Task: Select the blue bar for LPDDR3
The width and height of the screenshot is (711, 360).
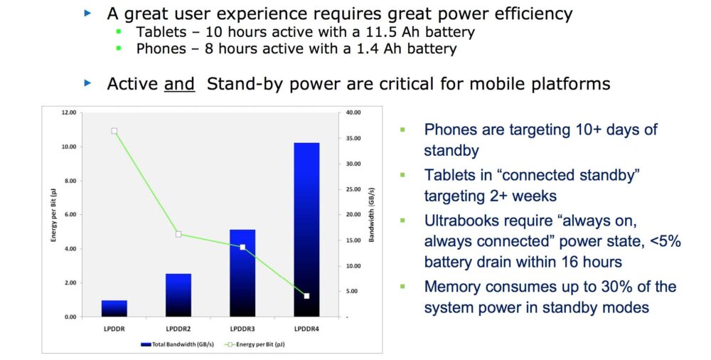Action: click(242, 273)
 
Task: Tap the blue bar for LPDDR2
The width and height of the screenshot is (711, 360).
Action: click(178, 295)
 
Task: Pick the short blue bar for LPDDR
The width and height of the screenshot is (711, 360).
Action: click(114, 308)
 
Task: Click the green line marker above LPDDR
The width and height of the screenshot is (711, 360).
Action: click(114, 131)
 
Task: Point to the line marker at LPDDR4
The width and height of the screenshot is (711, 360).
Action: click(306, 295)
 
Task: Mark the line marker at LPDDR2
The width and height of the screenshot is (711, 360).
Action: click(178, 234)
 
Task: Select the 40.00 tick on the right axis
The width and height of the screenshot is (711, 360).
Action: click(353, 112)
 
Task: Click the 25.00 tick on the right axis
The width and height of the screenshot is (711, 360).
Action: click(353, 189)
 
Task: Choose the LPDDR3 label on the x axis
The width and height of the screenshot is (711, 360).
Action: click(242, 329)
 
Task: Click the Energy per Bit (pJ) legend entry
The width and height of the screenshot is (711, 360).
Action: click(254, 344)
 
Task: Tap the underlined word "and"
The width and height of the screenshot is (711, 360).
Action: click(179, 84)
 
